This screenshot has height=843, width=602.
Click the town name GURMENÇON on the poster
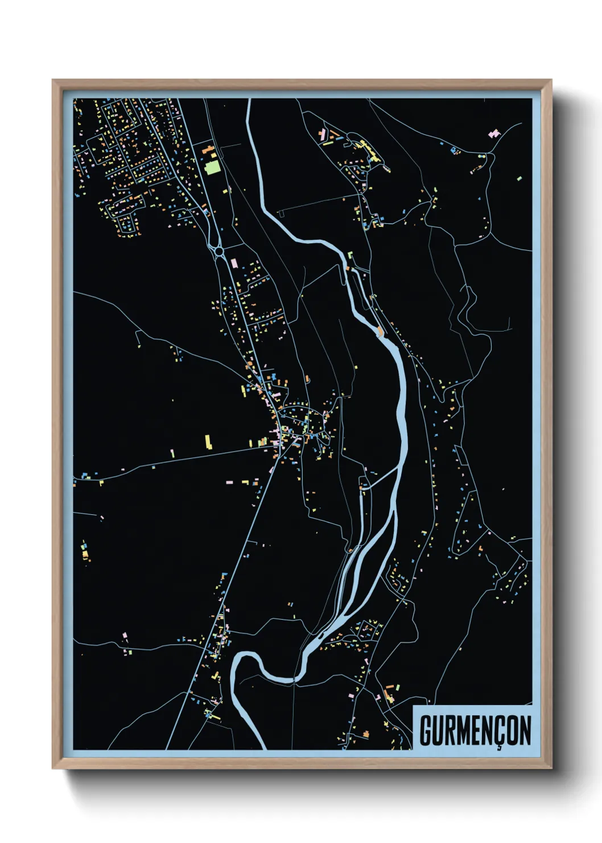[x=475, y=731]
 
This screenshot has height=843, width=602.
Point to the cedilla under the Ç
[x=498, y=747]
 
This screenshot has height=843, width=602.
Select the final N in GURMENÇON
[x=525, y=731]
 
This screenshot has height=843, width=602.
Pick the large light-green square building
[x=212, y=167]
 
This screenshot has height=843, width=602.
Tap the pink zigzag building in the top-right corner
[x=494, y=134]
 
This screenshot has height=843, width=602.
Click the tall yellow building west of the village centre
[x=208, y=442]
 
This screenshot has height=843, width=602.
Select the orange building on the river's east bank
[x=380, y=331]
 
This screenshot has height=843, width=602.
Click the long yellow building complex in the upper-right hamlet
[x=370, y=150]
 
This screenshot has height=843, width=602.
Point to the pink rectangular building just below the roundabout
[x=234, y=263]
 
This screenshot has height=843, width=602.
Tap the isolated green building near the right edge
[x=519, y=179]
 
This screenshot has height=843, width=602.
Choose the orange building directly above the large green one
[x=209, y=150]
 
